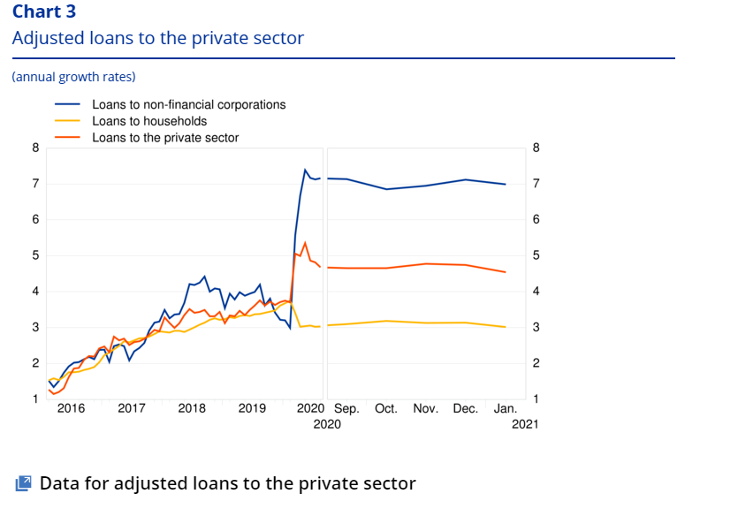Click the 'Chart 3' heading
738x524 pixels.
pos(44,11)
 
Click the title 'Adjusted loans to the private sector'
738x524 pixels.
pos(157,38)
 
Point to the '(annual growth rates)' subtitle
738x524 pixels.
pos(73,77)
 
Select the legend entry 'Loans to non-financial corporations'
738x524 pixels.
pos(188,104)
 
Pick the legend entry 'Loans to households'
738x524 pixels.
pos(149,121)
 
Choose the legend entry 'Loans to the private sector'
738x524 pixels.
pos(165,138)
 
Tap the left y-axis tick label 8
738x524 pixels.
pos(35,148)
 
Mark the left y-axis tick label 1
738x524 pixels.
pos(35,399)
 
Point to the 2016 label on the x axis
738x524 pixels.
pos(71,409)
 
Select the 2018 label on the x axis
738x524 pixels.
pos(192,409)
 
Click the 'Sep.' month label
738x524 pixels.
pos(346,409)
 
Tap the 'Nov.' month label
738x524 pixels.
pos(426,409)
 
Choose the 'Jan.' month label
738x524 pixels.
pos(506,409)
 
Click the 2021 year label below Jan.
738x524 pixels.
pos(524,424)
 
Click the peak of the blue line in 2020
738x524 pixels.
pos(305,170)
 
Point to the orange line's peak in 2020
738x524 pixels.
pos(305,242)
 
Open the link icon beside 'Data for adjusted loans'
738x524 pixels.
pos(24,483)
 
